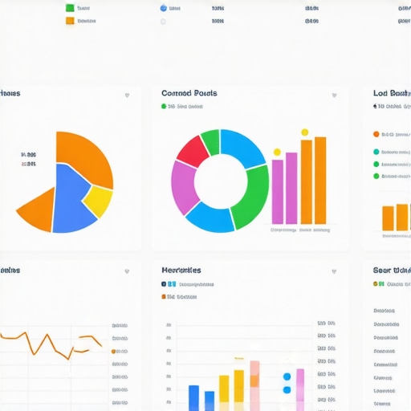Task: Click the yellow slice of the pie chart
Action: [x=98, y=201]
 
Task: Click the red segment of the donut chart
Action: [x=193, y=150]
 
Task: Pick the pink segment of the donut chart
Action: [x=183, y=186]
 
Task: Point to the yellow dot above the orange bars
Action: [x=304, y=132]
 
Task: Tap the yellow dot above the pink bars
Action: [x=277, y=151]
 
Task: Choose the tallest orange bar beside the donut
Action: [x=320, y=180]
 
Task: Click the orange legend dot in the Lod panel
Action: [x=376, y=134]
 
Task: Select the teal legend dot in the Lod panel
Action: [x=376, y=151]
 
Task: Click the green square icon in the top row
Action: [x=70, y=8]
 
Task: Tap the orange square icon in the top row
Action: [x=70, y=21]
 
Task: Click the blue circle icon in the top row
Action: [x=164, y=8]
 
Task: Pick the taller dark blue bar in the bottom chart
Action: [x=193, y=397]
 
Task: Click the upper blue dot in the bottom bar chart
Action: [x=287, y=376]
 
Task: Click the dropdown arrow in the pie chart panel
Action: [x=127, y=96]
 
